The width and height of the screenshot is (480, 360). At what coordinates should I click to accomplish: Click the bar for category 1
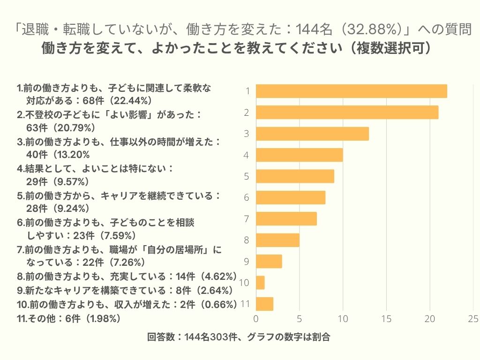[x=352, y=91]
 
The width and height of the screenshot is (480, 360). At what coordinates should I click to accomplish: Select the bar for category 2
[x=347, y=112]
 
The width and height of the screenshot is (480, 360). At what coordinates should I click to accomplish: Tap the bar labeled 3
[x=312, y=134]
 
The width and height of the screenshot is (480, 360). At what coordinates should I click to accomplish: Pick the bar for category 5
[x=295, y=176]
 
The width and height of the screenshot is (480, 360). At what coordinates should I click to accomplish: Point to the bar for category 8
[x=277, y=240]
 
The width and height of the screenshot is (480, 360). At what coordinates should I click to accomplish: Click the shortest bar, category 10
[x=260, y=283]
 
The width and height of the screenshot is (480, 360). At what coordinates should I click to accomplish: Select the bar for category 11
[x=264, y=304]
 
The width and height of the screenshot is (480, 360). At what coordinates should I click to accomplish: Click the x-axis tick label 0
[x=256, y=319]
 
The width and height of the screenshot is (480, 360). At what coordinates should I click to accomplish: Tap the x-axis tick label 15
[x=387, y=319]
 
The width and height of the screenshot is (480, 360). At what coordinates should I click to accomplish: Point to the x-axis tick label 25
[x=473, y=319]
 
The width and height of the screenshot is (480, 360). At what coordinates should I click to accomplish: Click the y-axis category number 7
[x=246, y=219]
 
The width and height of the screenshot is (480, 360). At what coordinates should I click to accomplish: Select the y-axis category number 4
[x=246, y=155]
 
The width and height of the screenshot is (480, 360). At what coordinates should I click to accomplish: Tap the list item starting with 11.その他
[x=69, y=318]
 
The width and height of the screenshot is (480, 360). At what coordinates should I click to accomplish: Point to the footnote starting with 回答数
[x=239, y=337]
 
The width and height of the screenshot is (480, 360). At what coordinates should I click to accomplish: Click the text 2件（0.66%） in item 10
[x=205, y=304]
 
